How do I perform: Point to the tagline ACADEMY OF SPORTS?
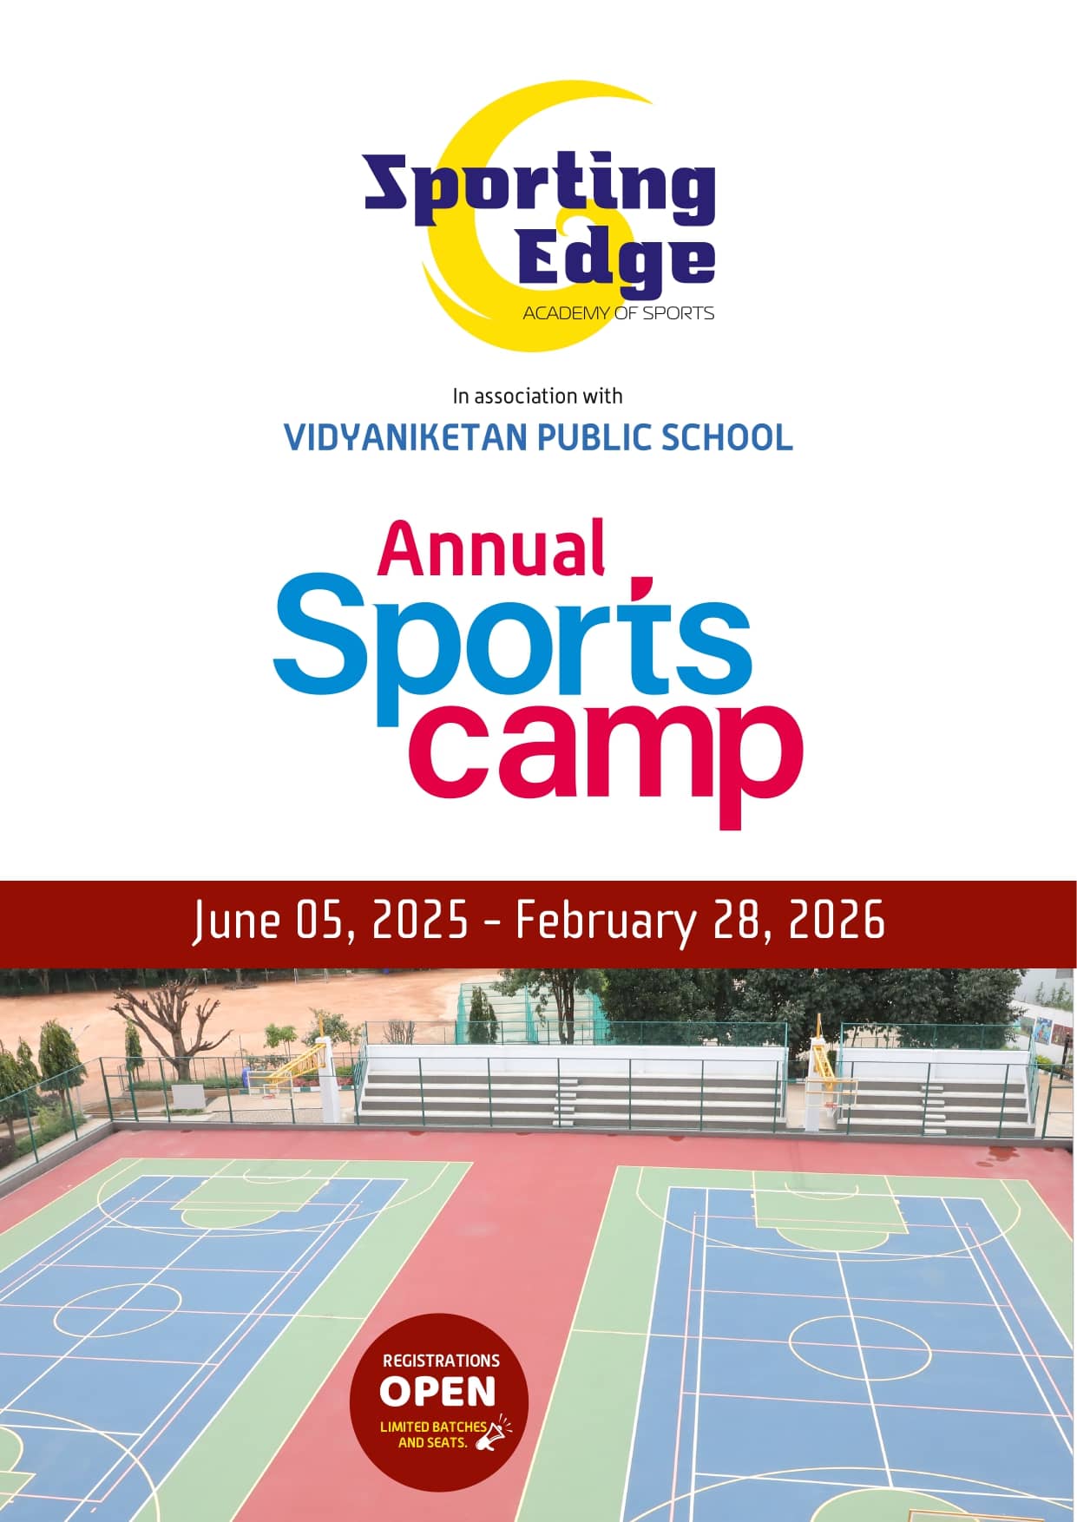[x=618, y=313]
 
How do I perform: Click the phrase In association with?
[x=537, y=397]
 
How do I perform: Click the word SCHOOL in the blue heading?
[x=727, y=437]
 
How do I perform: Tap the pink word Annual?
[x=491, y=549]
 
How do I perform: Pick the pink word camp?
[x=606, y=755]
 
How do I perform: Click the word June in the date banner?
[x=236, y=921]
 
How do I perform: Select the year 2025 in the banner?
[x=420, y=921]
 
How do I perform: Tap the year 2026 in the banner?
[x=836, y=921]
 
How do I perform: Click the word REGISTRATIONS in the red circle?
[x=441, y=1361]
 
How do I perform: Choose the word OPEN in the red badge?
[x=437, y=1392]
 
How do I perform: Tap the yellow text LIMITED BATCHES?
[x=432, y=1427]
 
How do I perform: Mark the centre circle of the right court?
[x=859, y=1347]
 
